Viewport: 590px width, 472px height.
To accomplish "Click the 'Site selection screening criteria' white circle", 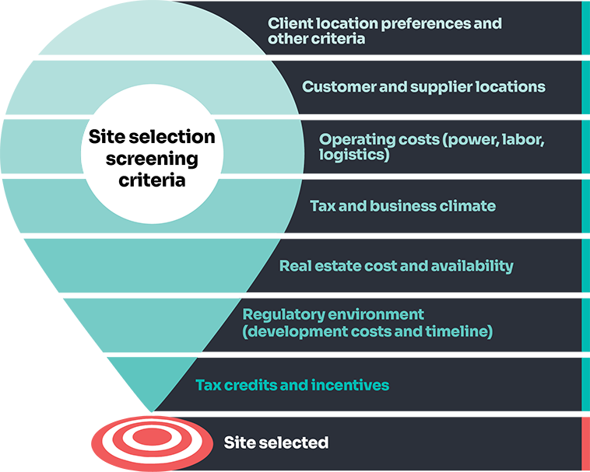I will [x=151, y=158].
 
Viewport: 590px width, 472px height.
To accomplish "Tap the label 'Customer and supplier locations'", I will [x=423, y=86].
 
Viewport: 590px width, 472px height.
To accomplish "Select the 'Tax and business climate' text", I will [x=402, y=206].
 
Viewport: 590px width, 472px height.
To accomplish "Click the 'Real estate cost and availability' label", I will [x=396, y=266].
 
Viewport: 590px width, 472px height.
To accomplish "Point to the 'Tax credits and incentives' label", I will [x=292, y=385].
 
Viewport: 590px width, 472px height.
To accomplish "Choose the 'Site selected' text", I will [x=276, y=443].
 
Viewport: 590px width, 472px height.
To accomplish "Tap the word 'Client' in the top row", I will [x=290, y=23].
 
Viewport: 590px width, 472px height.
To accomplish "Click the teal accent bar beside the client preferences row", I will [x=585, y=28].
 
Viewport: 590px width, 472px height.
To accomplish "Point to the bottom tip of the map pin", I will [x=153, y=409].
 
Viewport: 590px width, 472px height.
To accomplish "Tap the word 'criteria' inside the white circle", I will [x=152, y=180].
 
